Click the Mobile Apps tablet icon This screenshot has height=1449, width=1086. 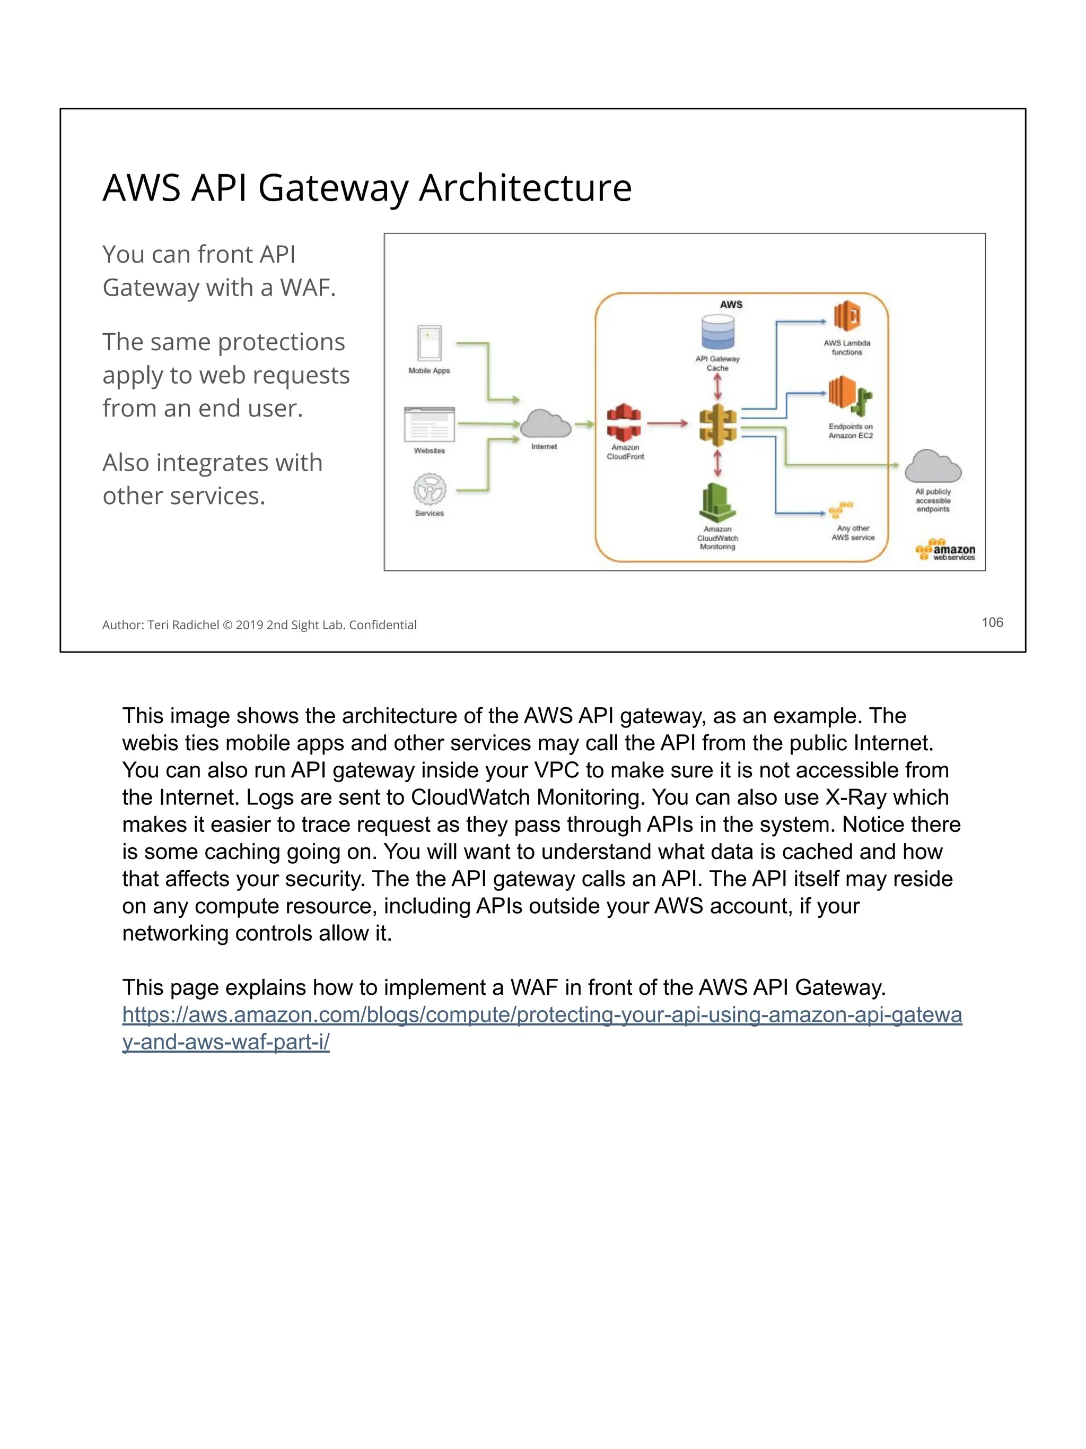point(430,343)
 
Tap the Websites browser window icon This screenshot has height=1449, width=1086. point(430,424)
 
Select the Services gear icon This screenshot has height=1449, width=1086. point(430,489)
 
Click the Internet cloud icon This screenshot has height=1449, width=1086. point(545,424)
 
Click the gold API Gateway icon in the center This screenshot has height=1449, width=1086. point(717,424)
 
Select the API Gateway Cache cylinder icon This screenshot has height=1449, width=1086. point(717,332)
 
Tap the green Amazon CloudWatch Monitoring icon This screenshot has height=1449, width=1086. point(717,503)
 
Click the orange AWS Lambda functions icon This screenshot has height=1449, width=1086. point(846,316)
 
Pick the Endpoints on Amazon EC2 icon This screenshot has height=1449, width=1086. point(849,395)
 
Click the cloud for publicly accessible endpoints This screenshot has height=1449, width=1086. point(932,466)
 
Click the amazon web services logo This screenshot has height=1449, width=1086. point(945,550)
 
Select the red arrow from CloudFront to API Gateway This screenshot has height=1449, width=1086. point(667,423)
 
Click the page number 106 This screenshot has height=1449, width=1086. point(992,622)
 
